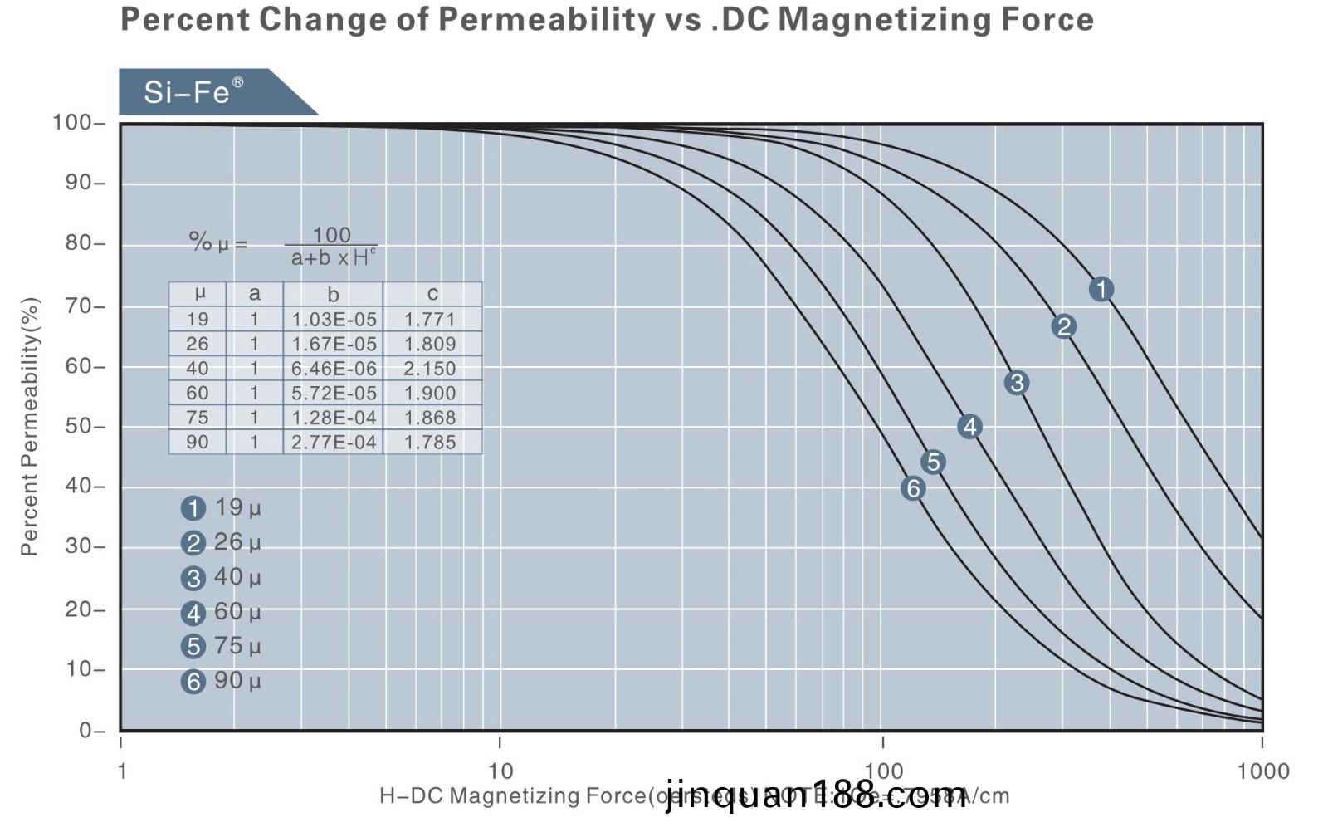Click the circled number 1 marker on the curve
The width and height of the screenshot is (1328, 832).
pyautogui.click(x=1101, y=289)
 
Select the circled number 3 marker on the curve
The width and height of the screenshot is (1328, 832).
pyautogui.click(x=1016, y=383)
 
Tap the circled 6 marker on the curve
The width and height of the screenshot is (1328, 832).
pyautogui.click(x=913, y=488)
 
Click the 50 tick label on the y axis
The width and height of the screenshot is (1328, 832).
pyautogui.click(x=80, y=427)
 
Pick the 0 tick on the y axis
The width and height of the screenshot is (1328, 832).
pyautogui.click(x=86, y=731)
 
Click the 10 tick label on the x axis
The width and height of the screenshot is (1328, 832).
pyautogui.click(x=500, y=771)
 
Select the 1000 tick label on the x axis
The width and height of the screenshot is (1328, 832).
pyautogui.click(x=1262, y=771)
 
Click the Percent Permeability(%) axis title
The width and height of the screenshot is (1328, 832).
pyautogui.click(x=30, y=426)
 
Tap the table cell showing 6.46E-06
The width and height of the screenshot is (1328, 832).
pyautogui.click(x=334, y=369)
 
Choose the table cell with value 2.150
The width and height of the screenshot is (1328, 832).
pyautogui.click(x=430, y=369)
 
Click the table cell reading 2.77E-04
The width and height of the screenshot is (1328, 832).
pyautogui.click(x=334, y=443)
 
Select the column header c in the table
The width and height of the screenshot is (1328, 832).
pyautogui.click(x=432, y=294)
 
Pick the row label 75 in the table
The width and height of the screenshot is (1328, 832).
pyautogui.click(x=198, y=418)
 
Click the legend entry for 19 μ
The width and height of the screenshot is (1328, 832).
pyautogui.click(x=221, y=507)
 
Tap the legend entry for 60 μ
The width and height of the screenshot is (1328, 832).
pyautogui.click(x=221, y=612)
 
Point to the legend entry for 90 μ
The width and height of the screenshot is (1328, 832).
pyautogui.click(x=221, y=681)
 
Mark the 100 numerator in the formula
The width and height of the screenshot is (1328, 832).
pyautogui.click(x=331, y=235)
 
